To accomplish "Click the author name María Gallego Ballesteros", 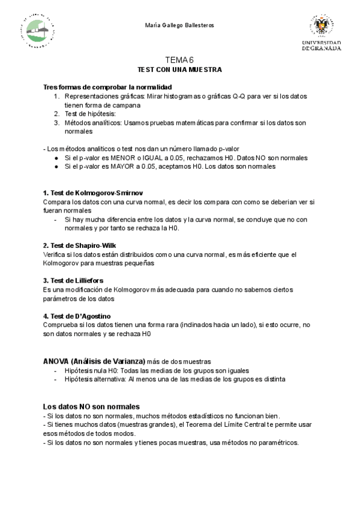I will point(179,25).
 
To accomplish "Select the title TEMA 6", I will point(179,60).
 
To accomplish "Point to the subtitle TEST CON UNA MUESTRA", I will point(180,70).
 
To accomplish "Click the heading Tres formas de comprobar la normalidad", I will point(107,87).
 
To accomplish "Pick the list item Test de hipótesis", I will point(90,113).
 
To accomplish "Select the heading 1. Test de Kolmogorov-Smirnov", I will point(93,193).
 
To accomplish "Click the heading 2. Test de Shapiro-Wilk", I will point(80,245).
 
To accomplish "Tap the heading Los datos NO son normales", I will point(91,406).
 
